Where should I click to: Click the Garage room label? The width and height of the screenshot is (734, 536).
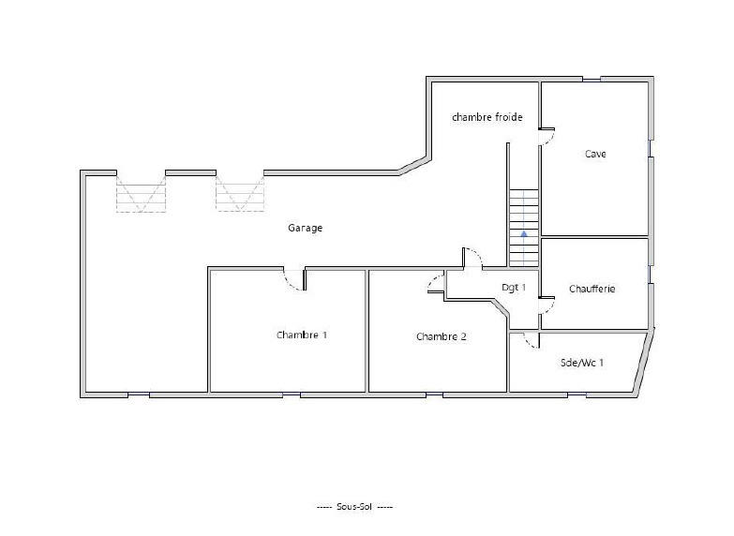click(x=305, y=228)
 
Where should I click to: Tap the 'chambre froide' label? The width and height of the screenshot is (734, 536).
click(x=487, y=117)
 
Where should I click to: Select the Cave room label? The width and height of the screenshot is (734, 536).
click(x=594, y=154)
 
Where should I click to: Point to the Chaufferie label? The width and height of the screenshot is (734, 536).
click(x=592, y=289)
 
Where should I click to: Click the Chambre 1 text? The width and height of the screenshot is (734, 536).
click(x=302, y=335)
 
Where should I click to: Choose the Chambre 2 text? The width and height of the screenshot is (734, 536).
click(x=441, y=336)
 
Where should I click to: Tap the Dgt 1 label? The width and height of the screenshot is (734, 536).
click(x=514, y=288)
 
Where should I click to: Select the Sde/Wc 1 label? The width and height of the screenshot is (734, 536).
click(x=581, y=362)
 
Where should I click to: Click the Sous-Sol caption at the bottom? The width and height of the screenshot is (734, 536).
click(x=355, y=506)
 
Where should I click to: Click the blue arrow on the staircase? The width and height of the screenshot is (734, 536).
click(x=525, y=233)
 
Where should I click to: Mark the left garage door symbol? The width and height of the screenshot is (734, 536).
click(x=141, y=194)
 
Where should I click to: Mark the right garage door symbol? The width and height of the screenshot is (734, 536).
click(x=240, y=194)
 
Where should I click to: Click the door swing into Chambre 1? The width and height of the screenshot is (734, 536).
click(x=293, y=279)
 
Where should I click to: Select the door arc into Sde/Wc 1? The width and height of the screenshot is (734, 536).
click(x=531, y=339)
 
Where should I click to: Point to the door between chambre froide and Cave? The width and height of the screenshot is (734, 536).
click(x=547, y=138)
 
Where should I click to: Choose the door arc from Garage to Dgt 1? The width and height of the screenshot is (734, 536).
click(x=473, y=258)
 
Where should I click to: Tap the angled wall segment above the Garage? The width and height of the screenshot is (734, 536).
click(x=413, y=167)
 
